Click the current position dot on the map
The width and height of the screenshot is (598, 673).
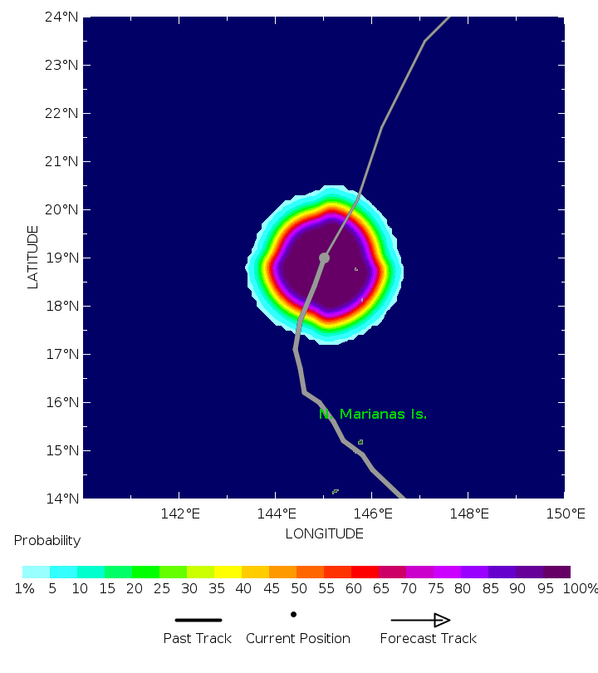[x=324, y=258]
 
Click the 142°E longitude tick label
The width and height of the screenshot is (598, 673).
[x=180, y=514]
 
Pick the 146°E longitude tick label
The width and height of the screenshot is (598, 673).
[x=373, y=514]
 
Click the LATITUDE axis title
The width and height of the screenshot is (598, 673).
[x=33, y=258]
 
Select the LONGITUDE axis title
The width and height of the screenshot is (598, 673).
[x=324, y=533]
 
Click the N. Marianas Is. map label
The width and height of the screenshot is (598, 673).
[x=373, y=414]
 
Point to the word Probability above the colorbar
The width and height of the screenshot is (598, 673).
[x=47, y=541]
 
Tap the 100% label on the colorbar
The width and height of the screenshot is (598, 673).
[x=581, y=589]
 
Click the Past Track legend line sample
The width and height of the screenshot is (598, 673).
[x=199, y=620]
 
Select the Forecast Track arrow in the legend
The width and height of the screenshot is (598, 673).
[x=420, y=620]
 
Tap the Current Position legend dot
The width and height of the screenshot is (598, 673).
[x=294, y=615]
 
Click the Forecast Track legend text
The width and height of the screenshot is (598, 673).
[x=428, y=639]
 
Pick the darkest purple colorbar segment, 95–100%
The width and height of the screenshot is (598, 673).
[x=556, y=572]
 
